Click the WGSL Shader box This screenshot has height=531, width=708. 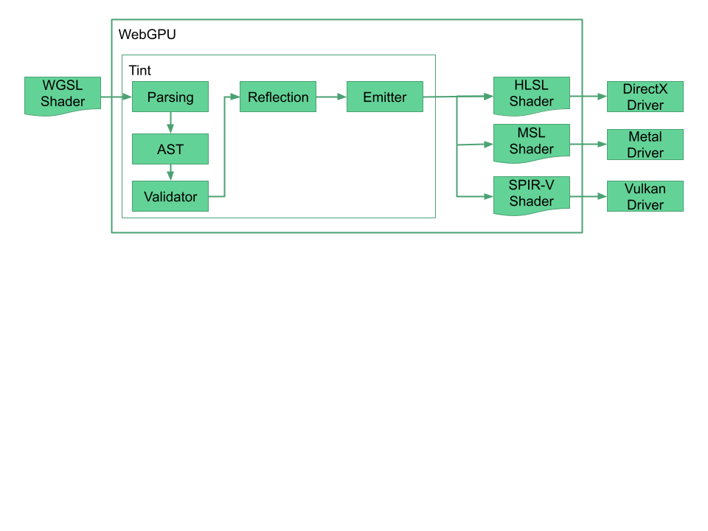pos(63,95)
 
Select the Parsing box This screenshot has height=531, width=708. pos(170,97)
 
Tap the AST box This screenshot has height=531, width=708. pos(170,149)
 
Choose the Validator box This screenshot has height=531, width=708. pos(170,196)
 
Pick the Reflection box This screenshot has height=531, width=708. pos(278,97)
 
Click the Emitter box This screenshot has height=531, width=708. pos(385,97)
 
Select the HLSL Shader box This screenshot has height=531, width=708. pos(531,94)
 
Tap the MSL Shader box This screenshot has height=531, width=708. pos(531,141)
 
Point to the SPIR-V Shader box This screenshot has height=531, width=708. pos(531,193)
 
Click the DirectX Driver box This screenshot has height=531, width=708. pos(645,97)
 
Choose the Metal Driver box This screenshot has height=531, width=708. pos(645,145)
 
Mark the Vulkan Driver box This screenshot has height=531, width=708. pos(645,196)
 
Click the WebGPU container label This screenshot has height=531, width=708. pos(147,35)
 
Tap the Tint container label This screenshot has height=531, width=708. pos(139,71)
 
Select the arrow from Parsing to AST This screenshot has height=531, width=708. pos(170,122)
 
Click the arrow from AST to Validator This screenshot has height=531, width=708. pos(170,173)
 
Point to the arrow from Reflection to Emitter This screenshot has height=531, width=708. pos(331,97)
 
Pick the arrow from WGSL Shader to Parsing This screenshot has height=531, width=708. pos(116,97)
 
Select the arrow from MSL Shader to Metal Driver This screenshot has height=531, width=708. pos(588,145)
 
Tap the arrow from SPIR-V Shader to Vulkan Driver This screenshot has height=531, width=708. pos(588,197)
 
